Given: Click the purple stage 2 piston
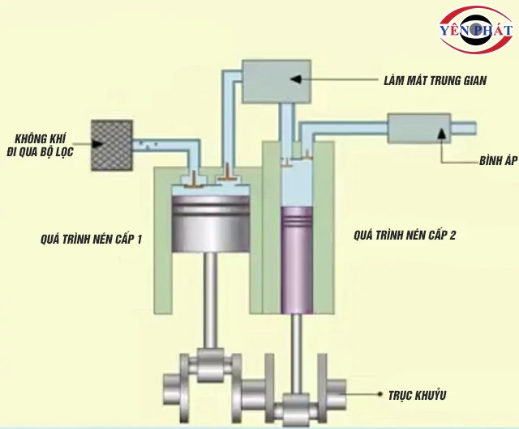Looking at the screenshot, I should coord(297,259).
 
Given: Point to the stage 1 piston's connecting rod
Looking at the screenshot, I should coord(212,299).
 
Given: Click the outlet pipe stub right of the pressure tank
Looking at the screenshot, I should coord(464,128).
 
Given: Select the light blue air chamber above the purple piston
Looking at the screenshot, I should coord(297,185).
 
